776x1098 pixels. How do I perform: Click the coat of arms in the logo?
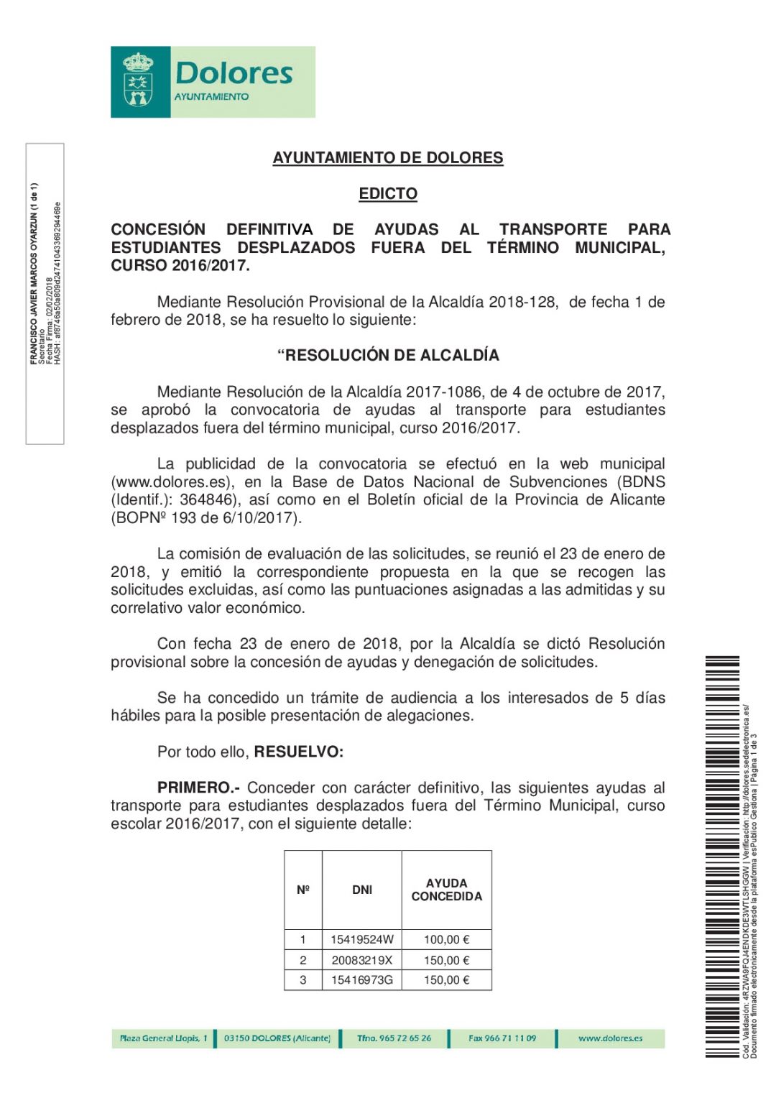[x=138, y=81]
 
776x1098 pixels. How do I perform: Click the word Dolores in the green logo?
[x=234, y=73]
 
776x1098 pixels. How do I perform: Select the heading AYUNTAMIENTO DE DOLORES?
[x=388, y=158]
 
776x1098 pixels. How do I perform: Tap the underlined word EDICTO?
[x=388, y=194]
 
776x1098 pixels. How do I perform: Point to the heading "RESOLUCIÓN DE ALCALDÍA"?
[x=388, y=356]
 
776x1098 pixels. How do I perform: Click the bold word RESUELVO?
[x=299, y=752]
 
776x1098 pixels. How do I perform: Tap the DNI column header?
[x=362, y=890]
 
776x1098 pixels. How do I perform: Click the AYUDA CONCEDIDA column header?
[x=446, y=890]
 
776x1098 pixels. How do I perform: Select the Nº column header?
[x=303, y=890]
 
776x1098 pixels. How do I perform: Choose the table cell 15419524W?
[x=362, y=940]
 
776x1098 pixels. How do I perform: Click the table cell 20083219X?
[x=362, y=961]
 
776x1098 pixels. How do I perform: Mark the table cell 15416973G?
[x=362, y=980]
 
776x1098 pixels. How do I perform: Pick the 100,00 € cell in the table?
[x=446, y=940]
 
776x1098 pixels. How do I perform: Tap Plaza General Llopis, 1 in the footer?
[x=163, y=1038]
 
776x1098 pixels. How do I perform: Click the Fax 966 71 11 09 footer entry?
[x=502, y=1038]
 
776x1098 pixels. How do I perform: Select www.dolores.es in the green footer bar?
[x=610, y=1038]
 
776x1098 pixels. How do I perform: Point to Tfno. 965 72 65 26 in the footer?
[x=394, y=1038]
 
